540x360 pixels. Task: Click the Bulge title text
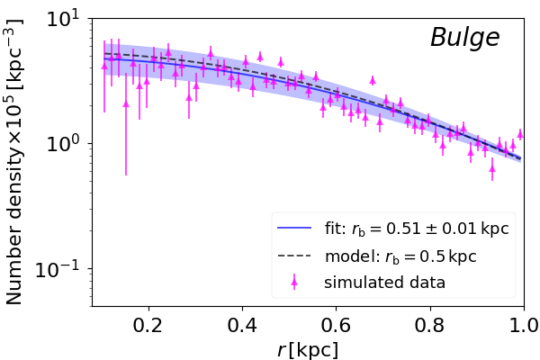click(x=464, y=38)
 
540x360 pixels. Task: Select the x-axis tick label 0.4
click(x=242, y=325)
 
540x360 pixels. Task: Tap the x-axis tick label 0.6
click(x=336, y=325)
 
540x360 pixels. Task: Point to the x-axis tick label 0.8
click(x=429, y=325)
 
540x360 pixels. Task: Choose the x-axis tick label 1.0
click(x=523, y=325)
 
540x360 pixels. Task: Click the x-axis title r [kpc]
click(x=308, y=349)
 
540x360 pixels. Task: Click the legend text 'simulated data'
click(x=385, y=283)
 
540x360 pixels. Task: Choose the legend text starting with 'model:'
click(x=400, y=256)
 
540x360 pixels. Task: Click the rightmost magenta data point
click(x=520, y=134)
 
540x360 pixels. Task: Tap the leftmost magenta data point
click(x=104, y=66)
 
